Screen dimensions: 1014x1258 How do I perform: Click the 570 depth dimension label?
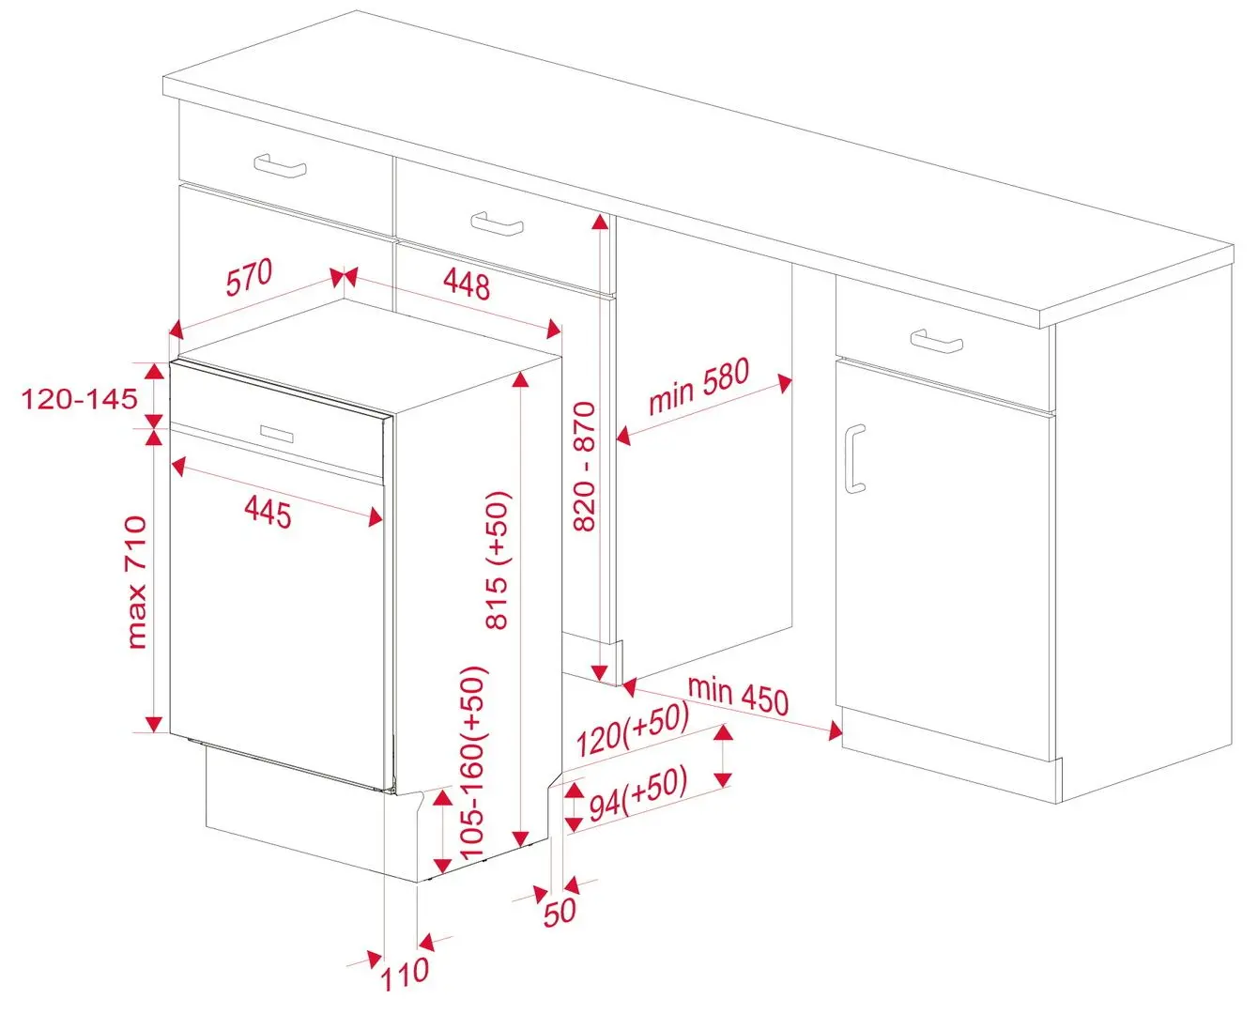(249, 279)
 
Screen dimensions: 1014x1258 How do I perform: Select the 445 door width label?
(268, 512)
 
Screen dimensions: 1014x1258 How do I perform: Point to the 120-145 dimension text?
(80, 399)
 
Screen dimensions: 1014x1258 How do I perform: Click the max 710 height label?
(137, 582)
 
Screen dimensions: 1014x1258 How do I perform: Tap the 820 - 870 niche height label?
(585, 467)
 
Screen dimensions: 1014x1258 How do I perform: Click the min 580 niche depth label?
(699, 386)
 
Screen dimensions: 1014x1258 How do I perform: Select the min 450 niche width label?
(738, 694)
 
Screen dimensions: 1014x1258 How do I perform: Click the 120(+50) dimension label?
(632, 730)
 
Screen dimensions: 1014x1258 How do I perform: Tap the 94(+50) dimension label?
(638, 794)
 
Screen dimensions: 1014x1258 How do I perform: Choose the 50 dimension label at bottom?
(560, 911)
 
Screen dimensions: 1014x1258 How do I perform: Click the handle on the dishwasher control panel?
(277, 433)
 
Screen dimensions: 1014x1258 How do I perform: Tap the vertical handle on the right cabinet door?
(853, 458)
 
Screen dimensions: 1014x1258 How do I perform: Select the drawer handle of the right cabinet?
(936, 341)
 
